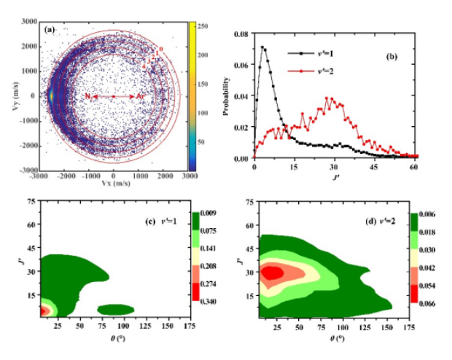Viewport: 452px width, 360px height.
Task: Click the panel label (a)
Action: [51, 30]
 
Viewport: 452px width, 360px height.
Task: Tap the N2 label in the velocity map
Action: [87, 96]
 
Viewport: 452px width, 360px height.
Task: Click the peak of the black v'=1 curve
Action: [262, 48]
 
